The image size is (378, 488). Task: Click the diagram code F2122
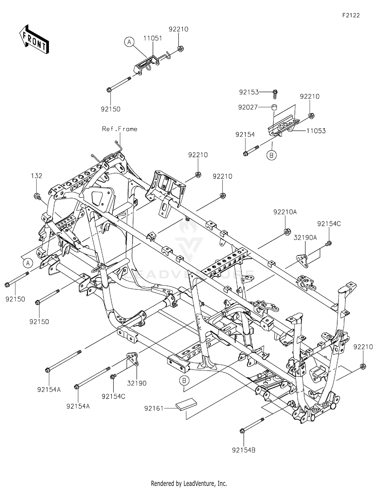pyautogui.click(x=351, y=15)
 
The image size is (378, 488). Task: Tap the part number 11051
pyautogui.click(x=153, y=38)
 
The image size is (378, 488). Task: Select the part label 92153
pyautogui.click(x=249, y=92)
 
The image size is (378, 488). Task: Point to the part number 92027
pyautogui.click(x=248, y=108)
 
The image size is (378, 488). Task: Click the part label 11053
pyautogui.click(x=316, y=131)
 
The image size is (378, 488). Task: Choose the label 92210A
pyautogui.click(x=285, y=212)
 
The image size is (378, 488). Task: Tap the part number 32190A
pyautogui.click(x=305, y=237)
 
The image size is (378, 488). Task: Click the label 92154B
pyautogui.click(x=244, y=450)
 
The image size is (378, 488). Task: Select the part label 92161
pyautogui.click(x=154, y=408)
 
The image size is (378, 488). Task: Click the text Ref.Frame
pyautogui.click(x=119, y=129)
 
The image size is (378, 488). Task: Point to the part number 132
pyautogui.click(x=37, y=176)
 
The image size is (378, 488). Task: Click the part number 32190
pyautogui.click(x=137, y=383)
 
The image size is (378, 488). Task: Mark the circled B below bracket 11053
pyautogui.click(x=271, y=155)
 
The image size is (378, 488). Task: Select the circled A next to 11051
pyautogui.click(x=129, y=42)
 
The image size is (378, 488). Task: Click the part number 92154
pyautogui.click(x=245, y=135)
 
